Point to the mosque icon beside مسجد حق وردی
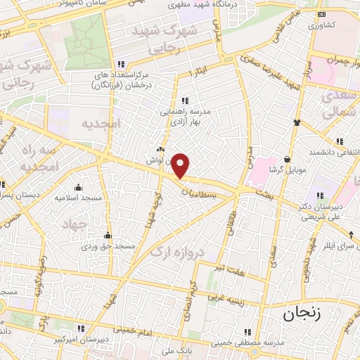(x=107, y=236)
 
